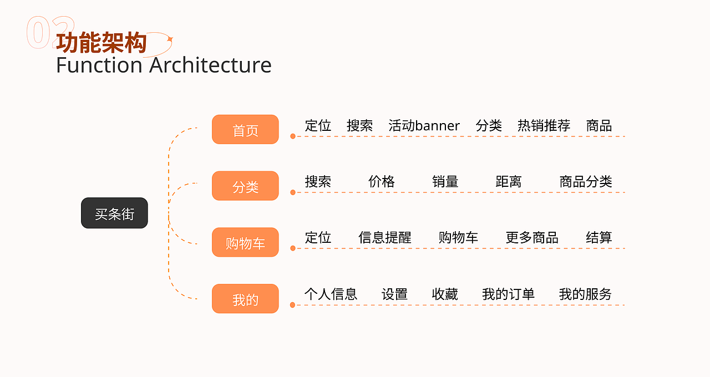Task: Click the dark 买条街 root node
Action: pos(114,213)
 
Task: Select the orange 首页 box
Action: pos(245,130)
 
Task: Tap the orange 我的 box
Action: pos(245,299)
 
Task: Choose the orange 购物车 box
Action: pos(245,242)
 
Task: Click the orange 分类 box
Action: pos(245,186)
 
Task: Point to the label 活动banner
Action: pos(424,126)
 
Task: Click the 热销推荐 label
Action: pos(544,126)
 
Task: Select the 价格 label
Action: pos(382,181)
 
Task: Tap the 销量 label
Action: pos(445,181)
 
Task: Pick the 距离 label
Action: pos(509,181)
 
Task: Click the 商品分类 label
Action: pos(586,181)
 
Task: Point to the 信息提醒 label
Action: pos(385,238)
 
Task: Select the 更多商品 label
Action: pos(532,238)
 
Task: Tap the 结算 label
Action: pos(599,238)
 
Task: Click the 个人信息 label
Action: pos(331,294)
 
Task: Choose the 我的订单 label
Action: pos(508,294)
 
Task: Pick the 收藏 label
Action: pos(445,294)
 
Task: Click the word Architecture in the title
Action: pos(210,65)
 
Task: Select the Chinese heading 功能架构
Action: pos(102,43)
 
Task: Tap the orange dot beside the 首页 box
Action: pos(292,136)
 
